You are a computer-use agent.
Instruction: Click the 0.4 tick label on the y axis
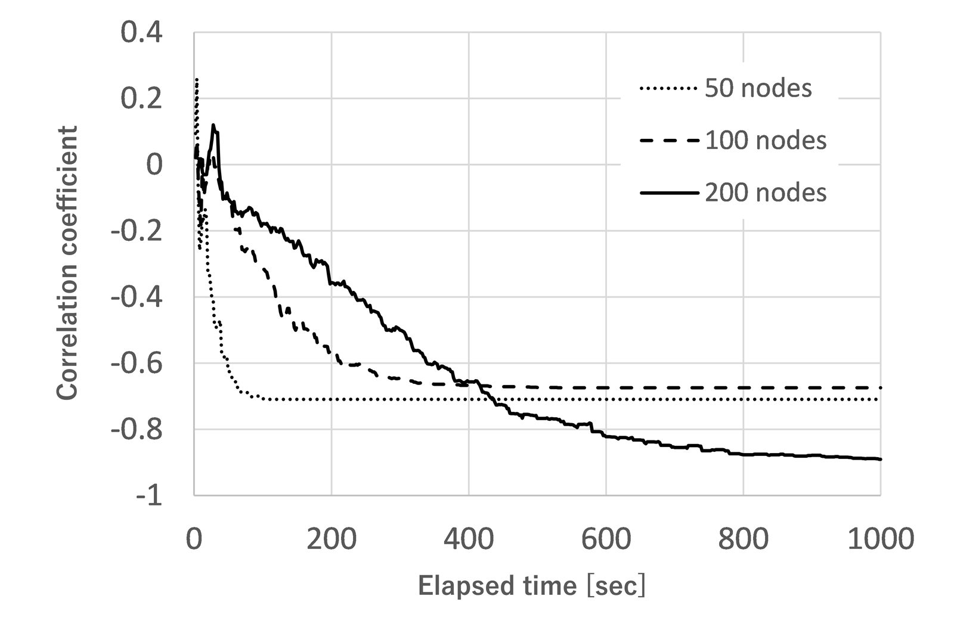[x=141, y=33]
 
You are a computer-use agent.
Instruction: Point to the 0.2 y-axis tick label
[x=141, y=98]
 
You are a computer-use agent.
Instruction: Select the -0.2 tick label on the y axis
[x=137, y=231]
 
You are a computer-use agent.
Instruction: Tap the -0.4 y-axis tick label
[x=137, y=297]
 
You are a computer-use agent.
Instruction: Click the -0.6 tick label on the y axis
[x=137, y=363]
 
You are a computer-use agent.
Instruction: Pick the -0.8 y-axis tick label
[x=137, y=429]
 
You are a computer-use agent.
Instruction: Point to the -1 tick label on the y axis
[x=148, y=495]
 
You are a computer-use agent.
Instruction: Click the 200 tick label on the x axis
[x=332, y=539]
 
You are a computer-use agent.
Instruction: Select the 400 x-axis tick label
[x=469, y=539]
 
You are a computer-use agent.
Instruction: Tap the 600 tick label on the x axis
[x=606, y=539]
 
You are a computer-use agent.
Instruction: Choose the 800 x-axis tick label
[x=744, y=539]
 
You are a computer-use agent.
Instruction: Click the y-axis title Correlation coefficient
[x=68, y=262]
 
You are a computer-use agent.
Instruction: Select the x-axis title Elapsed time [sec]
[x=532, y=586]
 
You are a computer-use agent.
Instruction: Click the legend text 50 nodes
[x=758, y=88]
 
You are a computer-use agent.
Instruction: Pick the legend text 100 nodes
[x=766, y=141]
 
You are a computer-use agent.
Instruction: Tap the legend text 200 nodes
[x=766, y=193]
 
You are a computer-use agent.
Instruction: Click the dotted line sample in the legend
[x=668, y=89]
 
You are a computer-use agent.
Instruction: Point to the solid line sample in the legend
[x=668, y=193]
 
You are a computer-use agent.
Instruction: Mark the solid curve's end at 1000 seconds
[x=880, y=459]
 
